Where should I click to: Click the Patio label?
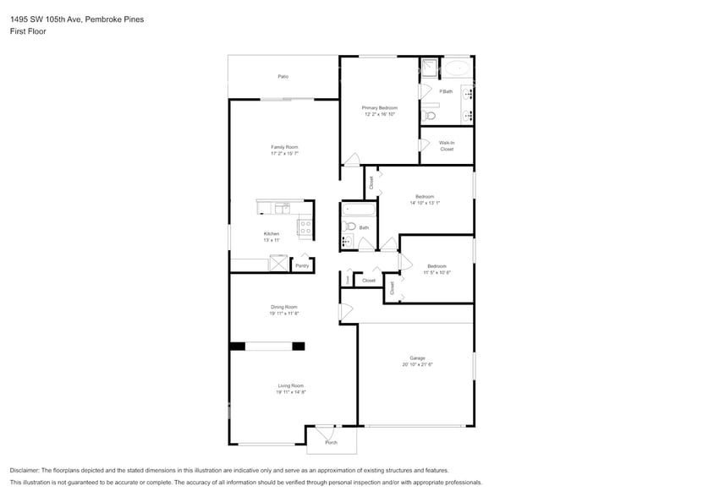(x=283, y=77)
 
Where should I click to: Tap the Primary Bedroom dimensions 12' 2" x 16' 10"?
(x=380, y=114)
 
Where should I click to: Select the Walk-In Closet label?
(x=447, y=145)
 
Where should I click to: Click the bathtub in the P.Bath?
(x=458, y=68)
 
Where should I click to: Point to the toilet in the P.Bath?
(x=429, y=115)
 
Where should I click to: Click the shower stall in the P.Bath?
(x=430, y=68)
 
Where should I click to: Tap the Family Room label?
(x=284, y=147)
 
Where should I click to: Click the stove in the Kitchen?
(x=305, y=227)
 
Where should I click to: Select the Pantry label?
(x=302, y=265)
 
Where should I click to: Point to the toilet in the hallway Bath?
(x=349, y=226)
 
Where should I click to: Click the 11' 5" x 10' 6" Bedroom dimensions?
(x=437, y=272)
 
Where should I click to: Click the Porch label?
(x=331, y=442)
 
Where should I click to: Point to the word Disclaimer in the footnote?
(x=26, y=470)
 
